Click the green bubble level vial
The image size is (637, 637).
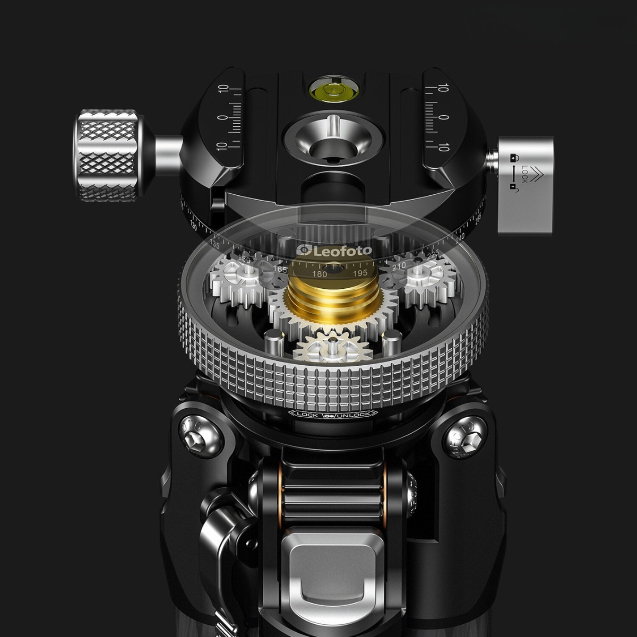click(328, 90)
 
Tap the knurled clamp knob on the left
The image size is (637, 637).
click(108, 155)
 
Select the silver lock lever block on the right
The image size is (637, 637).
click(524, 184)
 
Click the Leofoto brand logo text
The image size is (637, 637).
click(334, 249)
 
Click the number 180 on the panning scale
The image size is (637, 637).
click(319, 274)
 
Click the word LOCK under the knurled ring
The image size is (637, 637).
click(308, 415)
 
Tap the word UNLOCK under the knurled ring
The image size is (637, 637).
click(355, 415)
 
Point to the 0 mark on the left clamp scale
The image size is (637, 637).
click(222, 117)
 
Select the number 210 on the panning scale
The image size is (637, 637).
click(399, 265)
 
